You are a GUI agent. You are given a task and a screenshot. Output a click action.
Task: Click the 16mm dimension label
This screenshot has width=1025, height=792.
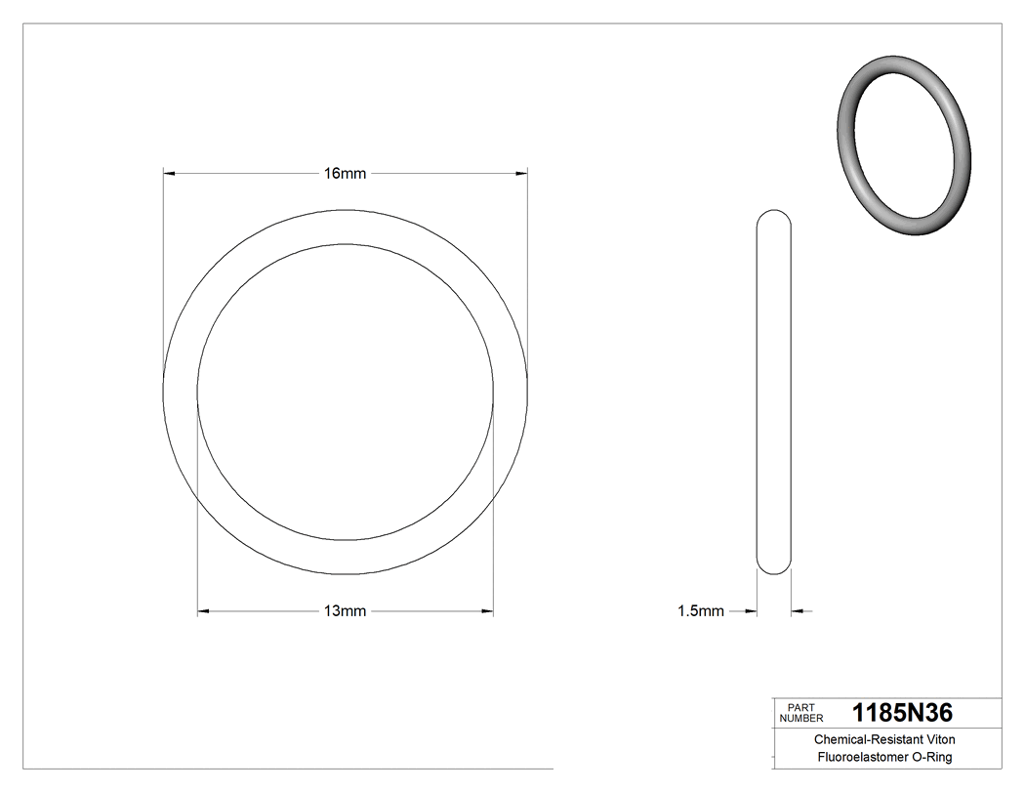[x=345, y=174]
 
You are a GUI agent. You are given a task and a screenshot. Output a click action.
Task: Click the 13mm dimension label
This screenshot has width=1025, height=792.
[x=345, y=612]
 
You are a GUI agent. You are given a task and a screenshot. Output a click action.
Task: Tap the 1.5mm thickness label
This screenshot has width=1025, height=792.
[x=701, y=612]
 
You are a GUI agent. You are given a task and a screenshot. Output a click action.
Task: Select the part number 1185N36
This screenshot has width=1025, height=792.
[x=902, y=713]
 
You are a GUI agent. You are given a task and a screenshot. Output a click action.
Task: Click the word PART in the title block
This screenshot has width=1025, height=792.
[x=800, y=707]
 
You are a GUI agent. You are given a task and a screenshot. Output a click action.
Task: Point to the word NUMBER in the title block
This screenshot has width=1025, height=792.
[x=801, y=718]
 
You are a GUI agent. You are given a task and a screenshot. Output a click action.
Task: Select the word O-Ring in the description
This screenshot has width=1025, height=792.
[x=931, y=757]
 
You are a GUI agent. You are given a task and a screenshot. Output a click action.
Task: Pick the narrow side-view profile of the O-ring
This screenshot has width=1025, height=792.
[x=774, y=391]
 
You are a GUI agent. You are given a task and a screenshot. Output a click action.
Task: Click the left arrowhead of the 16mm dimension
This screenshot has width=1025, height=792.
[x=169, y=174]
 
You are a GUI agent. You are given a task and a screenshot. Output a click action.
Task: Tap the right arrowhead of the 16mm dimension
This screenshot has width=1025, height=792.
[x=521, y=174]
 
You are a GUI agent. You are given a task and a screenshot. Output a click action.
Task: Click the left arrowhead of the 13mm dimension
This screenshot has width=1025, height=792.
[x=204, y=612]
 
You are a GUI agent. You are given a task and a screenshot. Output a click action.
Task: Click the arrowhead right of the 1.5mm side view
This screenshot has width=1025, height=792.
[x=798, y=612]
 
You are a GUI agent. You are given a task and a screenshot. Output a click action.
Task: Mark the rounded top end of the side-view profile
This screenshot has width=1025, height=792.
[x=774, y=217]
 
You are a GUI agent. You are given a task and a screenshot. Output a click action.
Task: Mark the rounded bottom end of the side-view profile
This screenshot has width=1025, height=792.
[x=774, y=566]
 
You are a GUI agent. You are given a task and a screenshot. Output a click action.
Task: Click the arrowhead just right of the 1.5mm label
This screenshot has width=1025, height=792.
[x=751, y=612]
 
